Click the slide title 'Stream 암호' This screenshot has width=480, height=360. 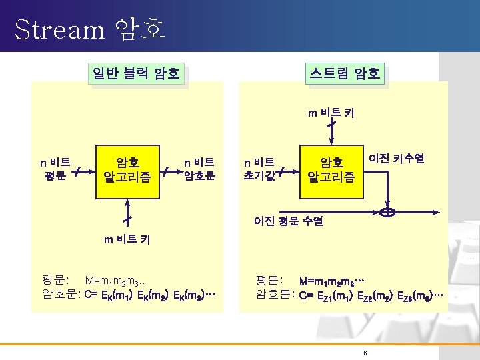(x=89, y=29)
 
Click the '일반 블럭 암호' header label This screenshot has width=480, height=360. (x=136, y=73)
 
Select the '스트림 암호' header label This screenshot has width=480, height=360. (x=345, y=73)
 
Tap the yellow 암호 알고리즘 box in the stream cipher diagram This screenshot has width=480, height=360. (x=331, y=170)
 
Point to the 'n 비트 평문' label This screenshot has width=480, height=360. (x=55, y=169)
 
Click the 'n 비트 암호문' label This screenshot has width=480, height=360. (x=199, y=169)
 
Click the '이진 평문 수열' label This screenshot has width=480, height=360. (x=288, y=221)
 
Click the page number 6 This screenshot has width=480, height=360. (x=365, y=352)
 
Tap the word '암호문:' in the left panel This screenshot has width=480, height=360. (x=61, y=293)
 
